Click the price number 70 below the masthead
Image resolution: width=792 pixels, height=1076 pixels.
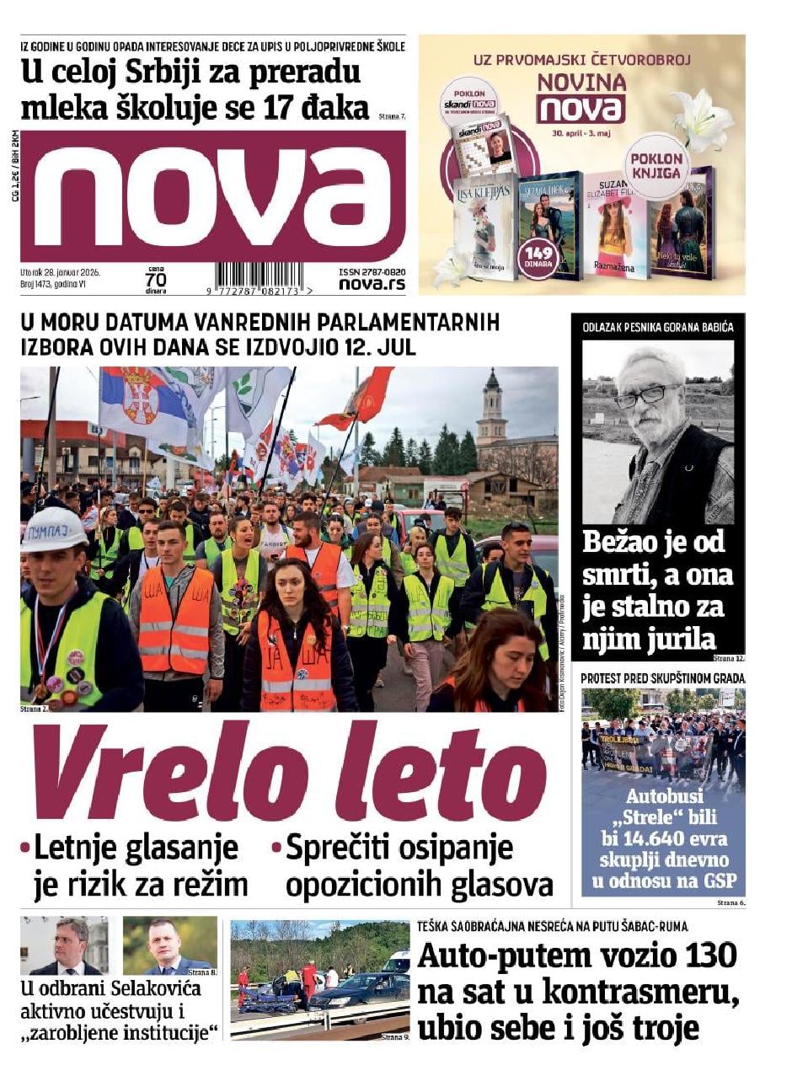[x=155, y=279]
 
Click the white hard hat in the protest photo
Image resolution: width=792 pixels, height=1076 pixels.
[x=53, y=529]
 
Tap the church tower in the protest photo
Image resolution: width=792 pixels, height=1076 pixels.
[x=491, y=414]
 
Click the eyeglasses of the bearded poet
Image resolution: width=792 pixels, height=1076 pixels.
[x=646, y=393]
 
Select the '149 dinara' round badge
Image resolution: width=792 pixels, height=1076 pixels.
[x=538, y=257]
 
